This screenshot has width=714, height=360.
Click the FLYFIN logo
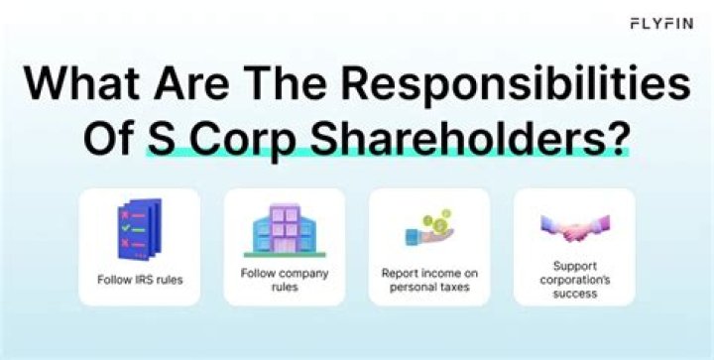tap(661, 23)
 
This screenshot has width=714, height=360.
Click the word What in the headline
tap(82, 83)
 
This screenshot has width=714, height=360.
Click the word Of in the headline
tap(110, 137)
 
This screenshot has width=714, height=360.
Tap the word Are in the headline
tap(193, 83)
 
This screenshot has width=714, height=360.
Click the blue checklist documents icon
tap(140, 229)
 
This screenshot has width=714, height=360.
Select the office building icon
tap(285, 230)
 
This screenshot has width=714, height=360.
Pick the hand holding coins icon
tap(429, 227)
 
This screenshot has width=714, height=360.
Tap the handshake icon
tap(574, 227)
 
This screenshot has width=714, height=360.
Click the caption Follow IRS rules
tap(140, 280)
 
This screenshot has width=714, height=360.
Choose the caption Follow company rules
tap(285, 280)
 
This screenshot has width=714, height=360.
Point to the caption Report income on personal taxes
tap(429, 280)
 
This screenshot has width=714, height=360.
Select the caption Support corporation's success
tap(574, 280)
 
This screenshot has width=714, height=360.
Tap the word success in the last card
tap(574, 294)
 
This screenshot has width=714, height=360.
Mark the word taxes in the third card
tap(453, 288)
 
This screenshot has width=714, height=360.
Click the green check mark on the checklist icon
tap(126, 227)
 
